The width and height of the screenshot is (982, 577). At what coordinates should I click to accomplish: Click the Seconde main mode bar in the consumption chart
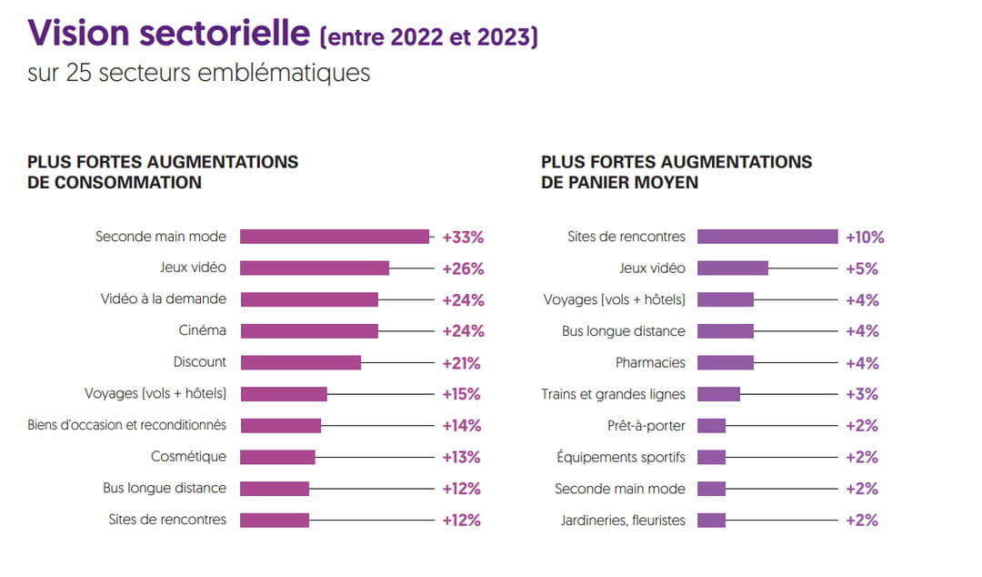335,237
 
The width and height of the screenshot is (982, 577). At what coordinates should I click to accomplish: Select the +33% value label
463,238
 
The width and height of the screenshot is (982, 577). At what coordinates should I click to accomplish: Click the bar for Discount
301,362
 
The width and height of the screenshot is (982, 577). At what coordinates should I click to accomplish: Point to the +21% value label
461,363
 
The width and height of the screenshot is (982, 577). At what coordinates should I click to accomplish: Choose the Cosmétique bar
278,457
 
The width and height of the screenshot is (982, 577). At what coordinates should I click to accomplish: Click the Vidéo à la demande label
164,299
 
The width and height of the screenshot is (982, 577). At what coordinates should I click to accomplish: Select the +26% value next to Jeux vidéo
463,268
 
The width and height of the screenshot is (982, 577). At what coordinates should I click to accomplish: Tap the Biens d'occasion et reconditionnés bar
281,425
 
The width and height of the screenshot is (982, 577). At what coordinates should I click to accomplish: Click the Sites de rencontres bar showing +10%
767,237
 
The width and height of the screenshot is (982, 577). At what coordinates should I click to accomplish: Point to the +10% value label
865,238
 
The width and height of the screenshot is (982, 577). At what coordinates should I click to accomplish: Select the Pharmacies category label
650,362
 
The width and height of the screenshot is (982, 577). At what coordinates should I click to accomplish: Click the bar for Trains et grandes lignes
718,394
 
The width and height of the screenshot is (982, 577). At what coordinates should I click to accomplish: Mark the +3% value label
862,394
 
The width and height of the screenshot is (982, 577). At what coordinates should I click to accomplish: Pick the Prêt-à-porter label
646,425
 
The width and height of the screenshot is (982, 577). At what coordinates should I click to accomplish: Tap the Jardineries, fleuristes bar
711,521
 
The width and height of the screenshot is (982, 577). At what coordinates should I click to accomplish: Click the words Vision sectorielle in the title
169,34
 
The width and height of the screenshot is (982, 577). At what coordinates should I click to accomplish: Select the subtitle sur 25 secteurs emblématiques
199,73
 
